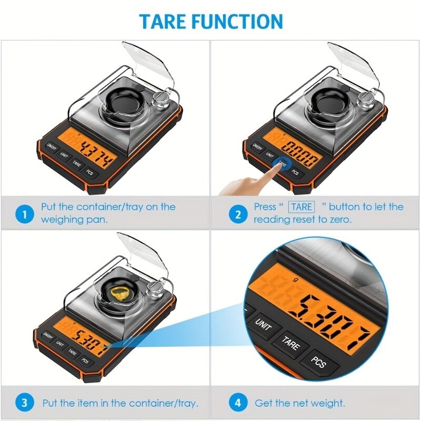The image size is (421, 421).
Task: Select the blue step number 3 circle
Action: coord(24,402)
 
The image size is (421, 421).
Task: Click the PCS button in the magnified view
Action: coord(319,362)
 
